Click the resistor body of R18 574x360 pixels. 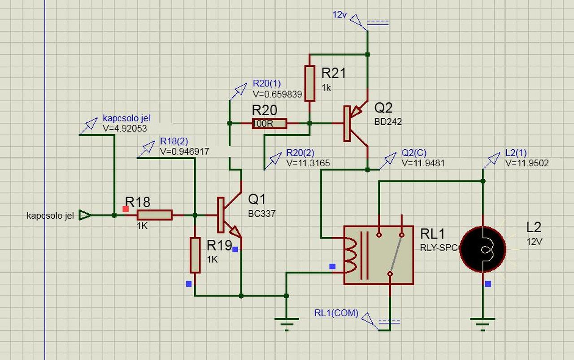coord(154,215)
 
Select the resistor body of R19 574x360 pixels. coord(195,255)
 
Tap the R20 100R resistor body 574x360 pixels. coord(269,123)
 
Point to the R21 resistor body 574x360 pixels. coord(309,83)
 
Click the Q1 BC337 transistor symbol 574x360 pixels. coord(229,215)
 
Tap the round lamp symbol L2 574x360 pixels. coord(483,249)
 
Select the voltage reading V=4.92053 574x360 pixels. coord(125,128)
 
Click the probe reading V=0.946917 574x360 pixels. coord(184,152)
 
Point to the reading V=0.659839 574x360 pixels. coord(277,94)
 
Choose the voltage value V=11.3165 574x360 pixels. coord(308,163)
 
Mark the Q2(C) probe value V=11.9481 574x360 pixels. coord(423,163)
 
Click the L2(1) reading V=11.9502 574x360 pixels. coord(526,163)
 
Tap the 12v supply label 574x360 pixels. coord(339,14)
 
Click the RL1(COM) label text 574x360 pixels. coord(336,313)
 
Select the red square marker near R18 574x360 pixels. coord(126,208)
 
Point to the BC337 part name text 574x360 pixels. coord(261,214)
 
